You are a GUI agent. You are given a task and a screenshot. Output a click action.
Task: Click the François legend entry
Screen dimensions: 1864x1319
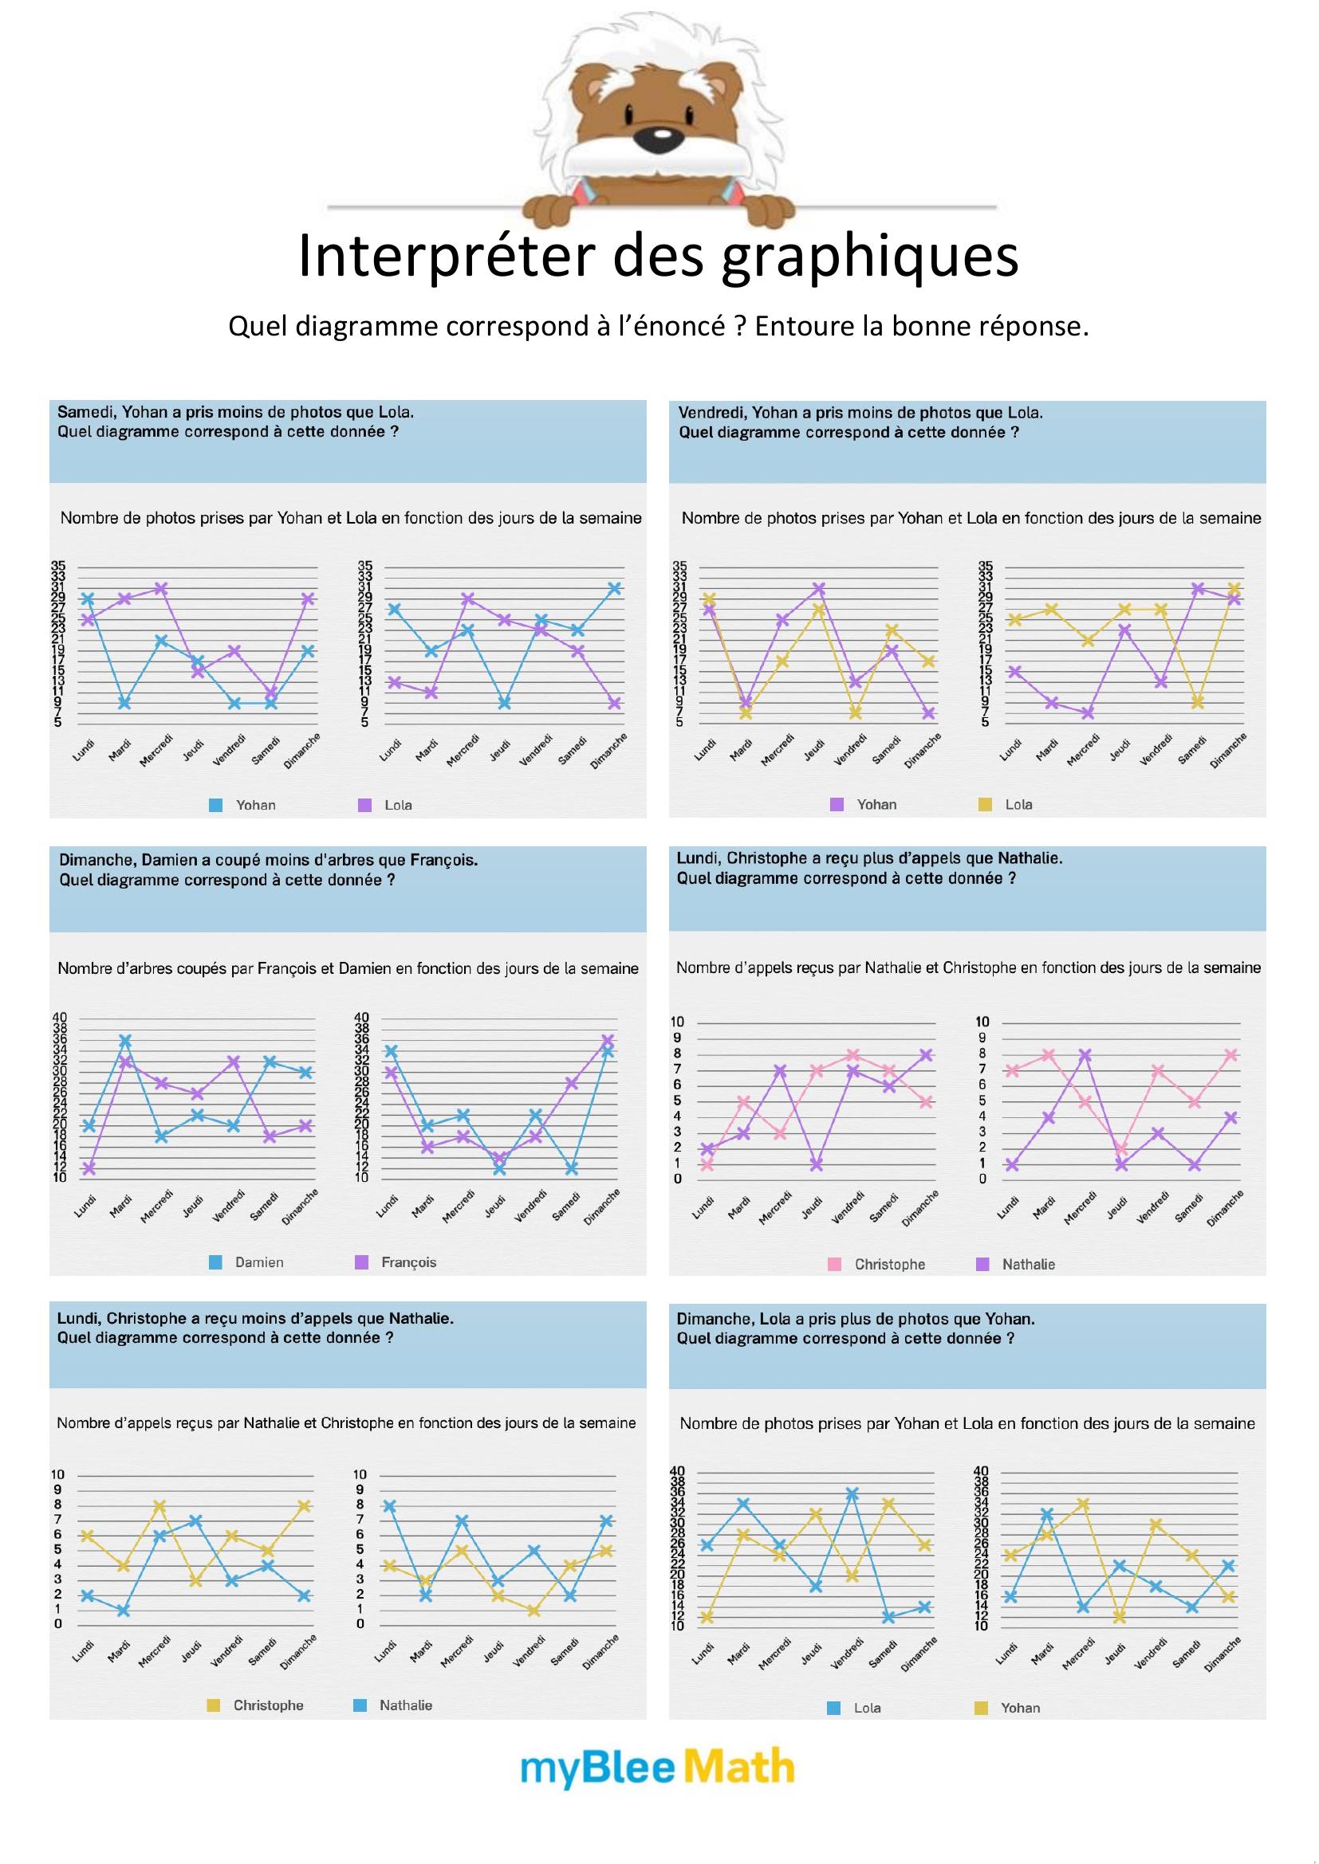coord(408,1262)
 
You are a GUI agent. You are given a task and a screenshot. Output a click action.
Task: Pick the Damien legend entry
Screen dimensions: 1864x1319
coord(258,1262)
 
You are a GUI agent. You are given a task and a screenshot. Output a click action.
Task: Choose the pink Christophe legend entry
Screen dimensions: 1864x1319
coord(888,1264)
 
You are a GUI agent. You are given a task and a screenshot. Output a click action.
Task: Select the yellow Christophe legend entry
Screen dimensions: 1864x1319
coord(267,1705)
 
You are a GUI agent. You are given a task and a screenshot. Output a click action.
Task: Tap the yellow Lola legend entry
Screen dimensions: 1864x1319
coord(1018,805)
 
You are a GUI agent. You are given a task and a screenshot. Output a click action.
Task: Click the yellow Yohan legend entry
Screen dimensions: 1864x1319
coord(1019,1707)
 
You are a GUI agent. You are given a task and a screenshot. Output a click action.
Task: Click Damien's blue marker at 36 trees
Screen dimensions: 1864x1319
coord(125,1040)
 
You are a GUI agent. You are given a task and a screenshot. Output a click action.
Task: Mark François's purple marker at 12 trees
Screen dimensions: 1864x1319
coord(89,1168)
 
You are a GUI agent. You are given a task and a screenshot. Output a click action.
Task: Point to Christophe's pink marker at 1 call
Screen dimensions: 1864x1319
coord(707,1165)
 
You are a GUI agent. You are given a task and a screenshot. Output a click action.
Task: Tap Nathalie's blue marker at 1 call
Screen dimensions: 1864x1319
coord(124,1610)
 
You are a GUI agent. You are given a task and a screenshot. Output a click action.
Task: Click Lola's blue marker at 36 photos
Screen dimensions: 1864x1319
coord(852,1493)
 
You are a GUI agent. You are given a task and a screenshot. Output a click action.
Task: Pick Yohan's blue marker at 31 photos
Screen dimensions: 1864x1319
coord(615,589)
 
